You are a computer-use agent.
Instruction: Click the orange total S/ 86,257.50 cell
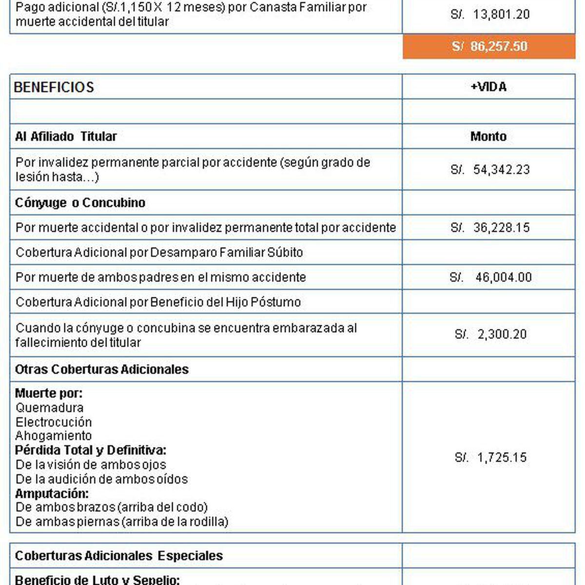pyautogui.click(x=489, y=46)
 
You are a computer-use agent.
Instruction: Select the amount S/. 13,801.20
pyautogui.click(x=490, y=14)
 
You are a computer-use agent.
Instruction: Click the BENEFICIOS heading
pyautogui.click(x=54, y=87)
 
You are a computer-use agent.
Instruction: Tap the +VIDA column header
pyautogui.click(x=488, y=87)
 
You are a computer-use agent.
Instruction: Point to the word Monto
pyautogui.click(x=488, y=136)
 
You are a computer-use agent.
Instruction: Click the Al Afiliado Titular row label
pyautogui.click(x=66, y=136)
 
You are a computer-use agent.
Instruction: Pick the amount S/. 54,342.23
pyautogui.click(x=490, y=170)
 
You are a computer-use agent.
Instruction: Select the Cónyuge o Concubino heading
pyautogui.click(x=80, y=203)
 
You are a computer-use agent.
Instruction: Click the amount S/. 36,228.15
pyautogui.click(x=490, y=228)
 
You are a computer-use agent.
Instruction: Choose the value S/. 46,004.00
pyautogui.click(x=490, y=277)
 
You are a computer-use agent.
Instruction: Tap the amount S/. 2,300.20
pyautogui.click(x=490, y=334)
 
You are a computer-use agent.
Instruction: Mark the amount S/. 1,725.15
pyautogui.click(x=490, y=457)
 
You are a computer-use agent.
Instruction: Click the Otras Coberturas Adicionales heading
pyautogui.click(x=102, y=370)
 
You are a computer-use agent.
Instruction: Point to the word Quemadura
pyautogui.click(x=49, y=408)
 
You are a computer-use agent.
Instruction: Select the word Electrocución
pyautogui.click(x=54, y=422)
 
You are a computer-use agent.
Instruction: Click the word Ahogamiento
pyautogui.click(x=54, y=435)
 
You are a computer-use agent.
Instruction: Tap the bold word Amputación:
pyautogui.click(x=52, y=493)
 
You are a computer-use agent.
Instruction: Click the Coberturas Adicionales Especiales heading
pyautogui.click(x=119, y=556)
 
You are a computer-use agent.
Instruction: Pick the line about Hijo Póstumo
pyautogui.click(x=158, y=302)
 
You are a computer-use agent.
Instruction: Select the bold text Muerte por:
pyautogui.click(x=49, y=393)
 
